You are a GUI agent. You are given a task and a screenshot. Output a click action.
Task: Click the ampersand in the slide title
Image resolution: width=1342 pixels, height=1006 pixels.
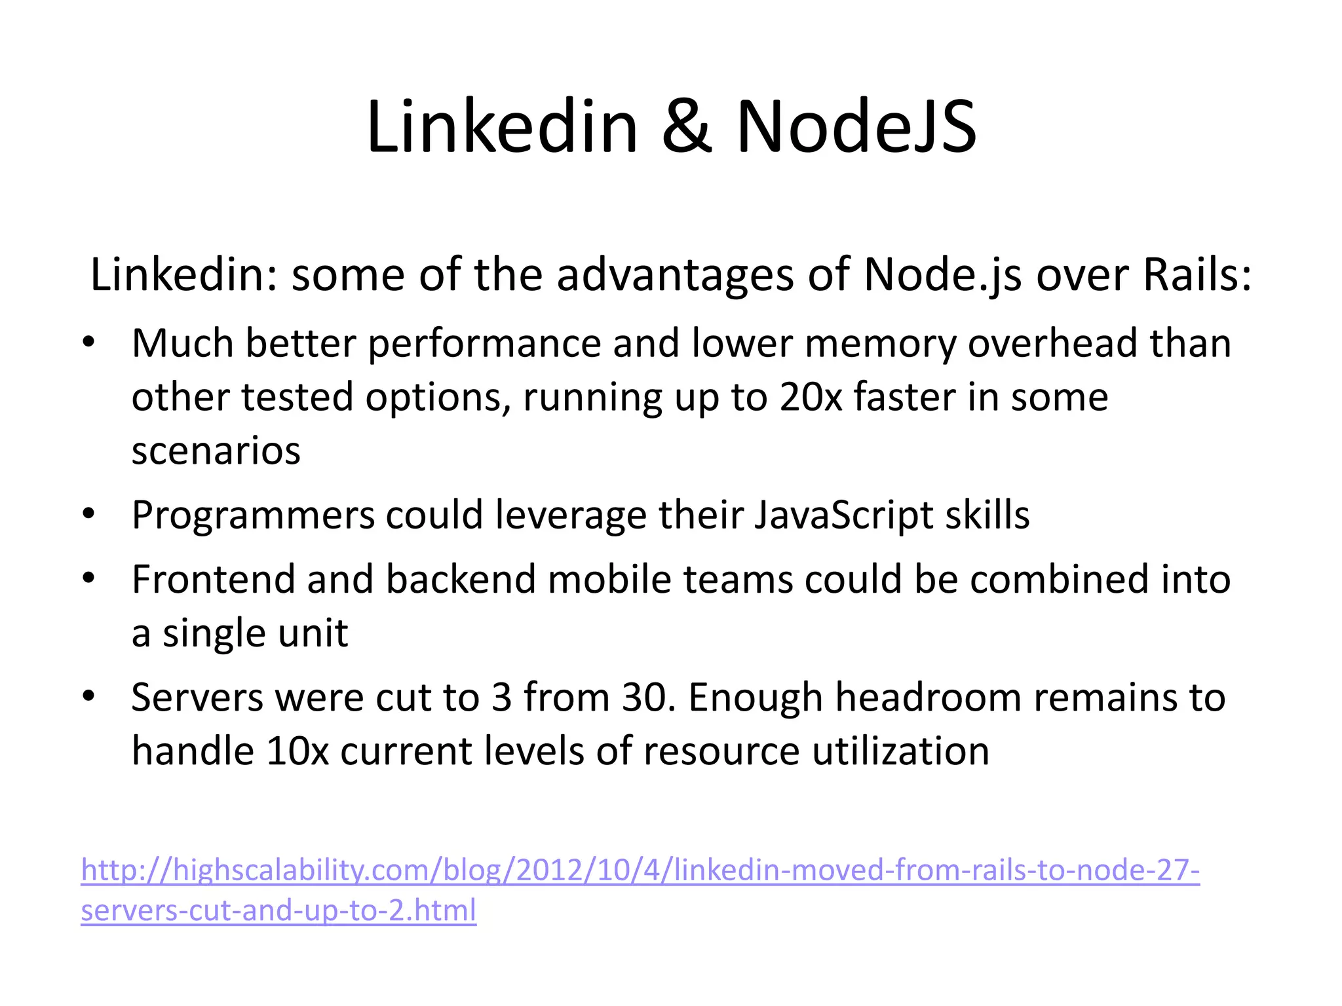coord(686,127)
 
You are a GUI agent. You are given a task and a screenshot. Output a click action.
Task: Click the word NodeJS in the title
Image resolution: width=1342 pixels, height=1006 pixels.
coord(856,127)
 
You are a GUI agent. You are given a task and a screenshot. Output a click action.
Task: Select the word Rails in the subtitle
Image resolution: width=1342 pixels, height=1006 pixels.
coord(1197,274)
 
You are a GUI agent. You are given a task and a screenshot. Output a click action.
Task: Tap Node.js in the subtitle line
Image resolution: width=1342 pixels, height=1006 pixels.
coord(942,274)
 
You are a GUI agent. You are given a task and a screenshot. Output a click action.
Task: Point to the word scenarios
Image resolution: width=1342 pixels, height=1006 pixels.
coord(216,451)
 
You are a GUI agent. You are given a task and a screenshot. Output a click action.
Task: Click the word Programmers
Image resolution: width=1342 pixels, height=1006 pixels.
coord(253,515)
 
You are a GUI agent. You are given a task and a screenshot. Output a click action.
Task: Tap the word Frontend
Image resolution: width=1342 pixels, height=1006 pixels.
coord(213,580)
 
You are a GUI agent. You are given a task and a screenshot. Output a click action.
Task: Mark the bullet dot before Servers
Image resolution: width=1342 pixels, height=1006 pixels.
coord(90,696)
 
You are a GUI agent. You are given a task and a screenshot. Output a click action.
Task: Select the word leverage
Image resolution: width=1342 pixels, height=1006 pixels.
coord(571,515)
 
